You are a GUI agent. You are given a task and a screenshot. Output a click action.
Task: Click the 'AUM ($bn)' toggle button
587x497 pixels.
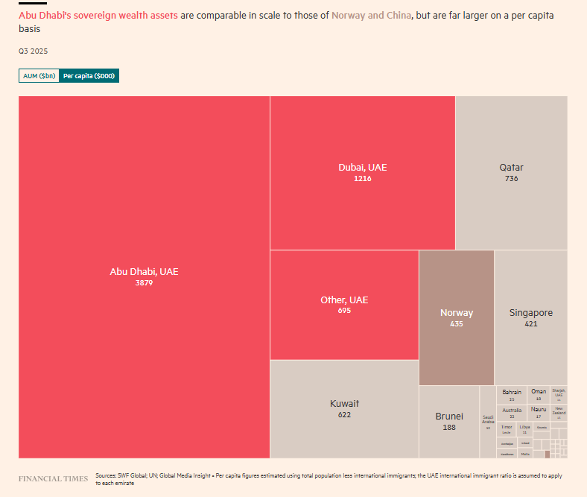click(39, 76)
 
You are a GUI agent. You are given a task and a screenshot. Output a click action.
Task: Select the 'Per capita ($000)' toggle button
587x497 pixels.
click(89, 76)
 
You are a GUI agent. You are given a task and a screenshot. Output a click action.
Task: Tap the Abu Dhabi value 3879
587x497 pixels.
click(144, 283)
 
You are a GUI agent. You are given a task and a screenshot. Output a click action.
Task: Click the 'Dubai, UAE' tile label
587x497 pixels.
click(362, 168)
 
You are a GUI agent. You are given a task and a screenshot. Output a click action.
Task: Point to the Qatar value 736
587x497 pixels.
click(511, 179)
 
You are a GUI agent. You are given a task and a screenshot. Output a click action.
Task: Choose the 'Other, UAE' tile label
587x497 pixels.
click(344, 300)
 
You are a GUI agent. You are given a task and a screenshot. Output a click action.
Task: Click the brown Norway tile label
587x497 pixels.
click(456, 313)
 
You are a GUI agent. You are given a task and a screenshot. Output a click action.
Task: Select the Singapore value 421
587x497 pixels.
click(530, 324)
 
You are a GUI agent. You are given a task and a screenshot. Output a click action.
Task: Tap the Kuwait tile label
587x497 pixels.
click(344, 404)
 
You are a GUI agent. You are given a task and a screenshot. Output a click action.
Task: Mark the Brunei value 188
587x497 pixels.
click(449, 427)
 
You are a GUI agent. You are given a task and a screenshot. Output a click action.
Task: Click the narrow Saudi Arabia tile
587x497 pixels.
click(488, 422)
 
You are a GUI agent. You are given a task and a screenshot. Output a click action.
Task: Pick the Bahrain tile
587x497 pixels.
click(512, 395)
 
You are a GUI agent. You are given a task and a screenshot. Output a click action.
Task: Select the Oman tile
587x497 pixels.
click(538, 395)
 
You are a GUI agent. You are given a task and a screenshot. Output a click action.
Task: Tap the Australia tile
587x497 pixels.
click(512, 412)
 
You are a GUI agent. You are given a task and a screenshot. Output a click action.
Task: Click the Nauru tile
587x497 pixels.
click(538, 412)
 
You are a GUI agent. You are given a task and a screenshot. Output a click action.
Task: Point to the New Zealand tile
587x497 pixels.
click(559, 412)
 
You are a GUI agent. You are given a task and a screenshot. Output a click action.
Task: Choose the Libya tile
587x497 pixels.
click(524, 429)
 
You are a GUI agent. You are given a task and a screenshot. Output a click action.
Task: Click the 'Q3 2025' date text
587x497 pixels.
click(33, 51)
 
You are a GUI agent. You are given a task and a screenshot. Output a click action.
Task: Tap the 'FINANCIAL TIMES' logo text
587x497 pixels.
click(54, 478)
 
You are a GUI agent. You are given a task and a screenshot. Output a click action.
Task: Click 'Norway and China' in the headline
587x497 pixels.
click(371, 16)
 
